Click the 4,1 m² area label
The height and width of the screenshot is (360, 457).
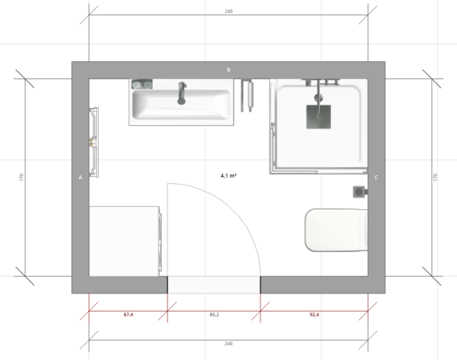[x=228, y=175]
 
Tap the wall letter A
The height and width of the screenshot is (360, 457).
[x=80, y=178]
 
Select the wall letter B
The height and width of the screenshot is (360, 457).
[x=228, y=69]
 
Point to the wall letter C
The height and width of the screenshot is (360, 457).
[x=376, y=178]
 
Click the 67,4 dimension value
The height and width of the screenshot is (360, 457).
[x=129, y=315]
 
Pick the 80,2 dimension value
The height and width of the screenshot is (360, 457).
[x=214, y=315]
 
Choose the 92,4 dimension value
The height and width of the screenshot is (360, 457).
[x=314, y=315]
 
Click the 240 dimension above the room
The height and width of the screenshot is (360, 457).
[x=228, y=12]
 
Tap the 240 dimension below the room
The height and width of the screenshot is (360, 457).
[x=228, y=343]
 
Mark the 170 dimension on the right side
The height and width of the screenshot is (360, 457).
[x=435, y=177]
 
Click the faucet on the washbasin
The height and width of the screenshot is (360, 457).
[x=180, y=93]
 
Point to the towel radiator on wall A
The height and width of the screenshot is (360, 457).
[x=94, y=141]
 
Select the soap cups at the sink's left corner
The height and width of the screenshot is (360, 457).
[x=140, y=84]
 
